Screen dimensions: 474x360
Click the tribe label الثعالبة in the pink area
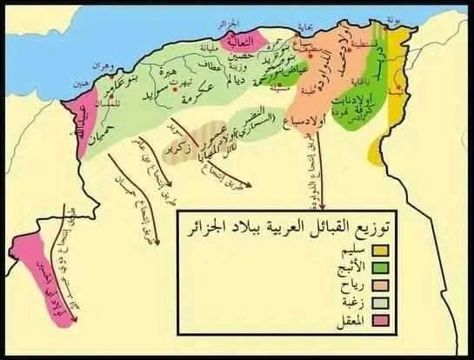click(239, 40)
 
